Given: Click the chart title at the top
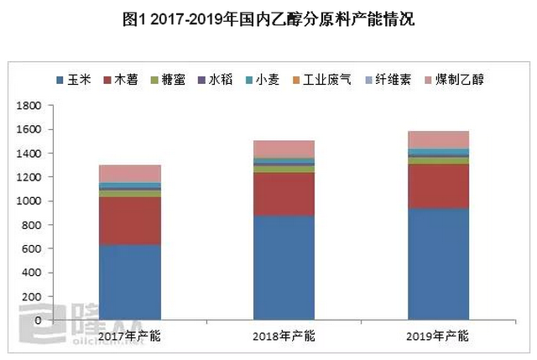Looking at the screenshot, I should (x=268, y=19).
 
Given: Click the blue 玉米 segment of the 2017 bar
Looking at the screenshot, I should (x=129, y=282).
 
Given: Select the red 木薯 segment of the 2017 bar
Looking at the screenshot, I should (x=129, y=221).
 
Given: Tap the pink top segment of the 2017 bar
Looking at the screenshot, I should (x=129, y=174).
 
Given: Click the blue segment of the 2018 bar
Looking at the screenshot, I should (x=284, y=268).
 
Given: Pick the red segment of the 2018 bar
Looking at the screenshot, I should (x=284, y=194).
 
